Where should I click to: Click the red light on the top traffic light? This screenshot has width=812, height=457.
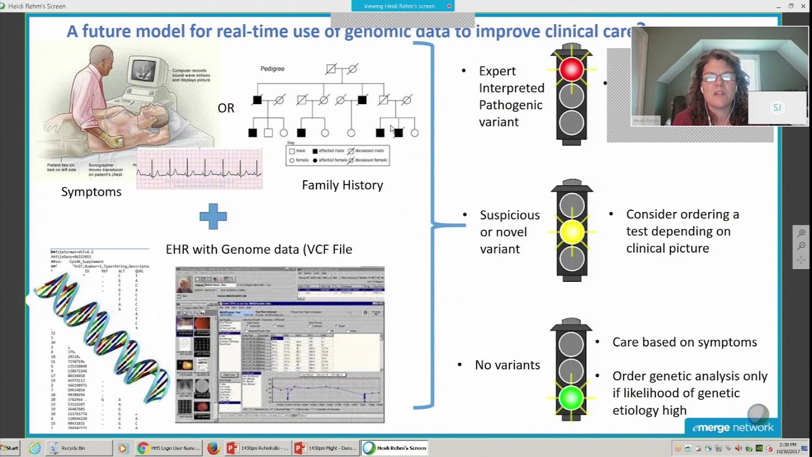(x=572, y=70)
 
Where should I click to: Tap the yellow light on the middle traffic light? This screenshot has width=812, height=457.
(x=572, y=233)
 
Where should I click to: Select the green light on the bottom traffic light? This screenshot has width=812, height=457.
(x=571, y=398)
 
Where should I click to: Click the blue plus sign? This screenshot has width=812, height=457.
(x=213, y=216)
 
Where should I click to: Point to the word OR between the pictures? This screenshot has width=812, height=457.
(x=226, y=109)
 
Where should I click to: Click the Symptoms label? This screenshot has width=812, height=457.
(x=91, y=192)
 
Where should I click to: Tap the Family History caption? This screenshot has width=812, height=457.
(x=343, y=185)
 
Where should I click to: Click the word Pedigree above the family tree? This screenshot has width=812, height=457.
(x=272, y=69)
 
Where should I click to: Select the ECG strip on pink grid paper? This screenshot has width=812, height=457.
(x=199, y=169)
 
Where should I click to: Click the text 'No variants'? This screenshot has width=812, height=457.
(x=507, y=365)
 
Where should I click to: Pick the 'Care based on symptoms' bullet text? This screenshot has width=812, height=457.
(x=684, y=342)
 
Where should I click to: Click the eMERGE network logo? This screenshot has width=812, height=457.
(x=732, y=427)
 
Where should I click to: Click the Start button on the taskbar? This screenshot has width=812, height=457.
(x=10, y=448)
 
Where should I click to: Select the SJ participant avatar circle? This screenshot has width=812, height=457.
(x=776, y=107)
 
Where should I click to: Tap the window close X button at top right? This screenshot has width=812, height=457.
(x=804, y=6)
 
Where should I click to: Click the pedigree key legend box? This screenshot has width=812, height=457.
(x=337, y=156)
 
